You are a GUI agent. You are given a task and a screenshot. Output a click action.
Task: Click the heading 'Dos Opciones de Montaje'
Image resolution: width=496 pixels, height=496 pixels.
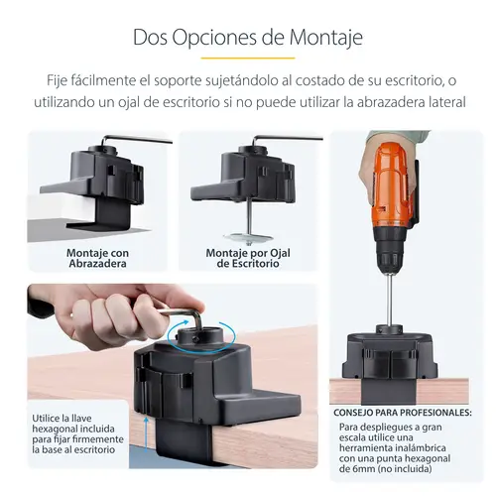[x=247, y=38]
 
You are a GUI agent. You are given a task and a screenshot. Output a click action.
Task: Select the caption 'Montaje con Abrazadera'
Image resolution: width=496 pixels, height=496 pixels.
[x=98, y=258]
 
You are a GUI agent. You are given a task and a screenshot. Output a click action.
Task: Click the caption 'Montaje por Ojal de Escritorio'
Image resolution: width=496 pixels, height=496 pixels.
[x=247, y=258]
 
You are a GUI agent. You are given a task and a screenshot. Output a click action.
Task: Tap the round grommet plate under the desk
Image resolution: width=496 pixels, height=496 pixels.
[x=249, y=237]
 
